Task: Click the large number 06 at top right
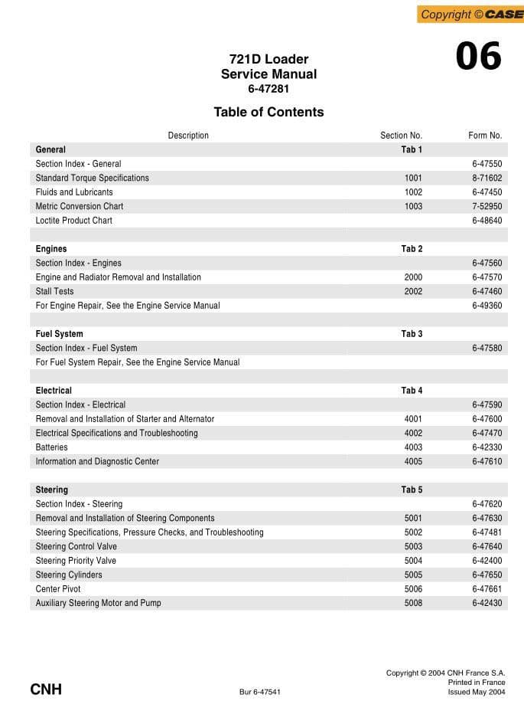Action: coord(478,57)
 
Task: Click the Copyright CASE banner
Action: coord(470,14)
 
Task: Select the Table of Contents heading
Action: coord(269,112)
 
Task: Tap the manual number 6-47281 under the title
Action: coord(269,89)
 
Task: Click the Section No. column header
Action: coord(401,136)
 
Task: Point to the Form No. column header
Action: coord(485,136)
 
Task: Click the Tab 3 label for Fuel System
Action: coord(412,334)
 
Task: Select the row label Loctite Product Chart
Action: coord(73,221)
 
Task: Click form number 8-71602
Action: coord(487,178)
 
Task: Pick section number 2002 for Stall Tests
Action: coord(413,291)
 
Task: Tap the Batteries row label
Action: coord(51,447)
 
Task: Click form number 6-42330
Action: coord(487,447)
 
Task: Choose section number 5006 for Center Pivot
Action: coord(413,589)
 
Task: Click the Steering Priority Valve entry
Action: coord(76,561)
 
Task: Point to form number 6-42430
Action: coord(487,603)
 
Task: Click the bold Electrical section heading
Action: coord(54,391)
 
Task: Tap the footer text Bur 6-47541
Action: coord(260,692)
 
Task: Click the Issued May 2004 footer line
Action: coord(477,692)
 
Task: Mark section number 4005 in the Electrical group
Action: coord(413,461)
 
